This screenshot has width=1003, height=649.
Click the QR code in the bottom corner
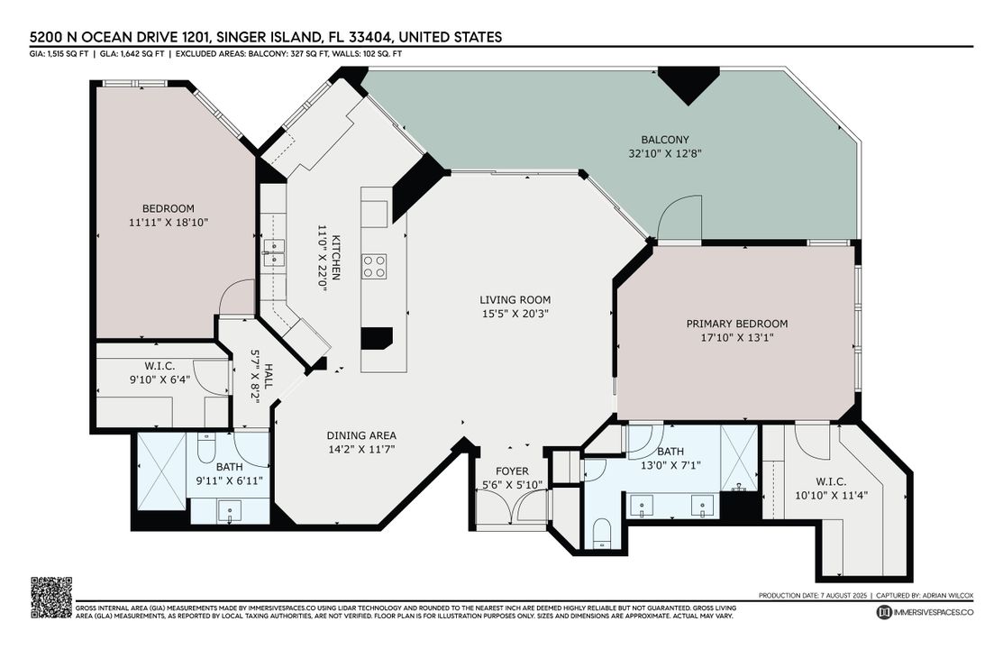pos(51,597)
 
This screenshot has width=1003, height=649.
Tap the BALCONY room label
pos(665,140)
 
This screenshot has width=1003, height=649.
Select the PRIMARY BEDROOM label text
pos(736,324)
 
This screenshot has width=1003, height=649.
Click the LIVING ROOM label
pos(515,300)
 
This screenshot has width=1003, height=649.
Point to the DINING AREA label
pos(361,435)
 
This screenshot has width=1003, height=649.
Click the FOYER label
pos(512,471)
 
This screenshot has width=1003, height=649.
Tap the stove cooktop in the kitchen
pos(374,266)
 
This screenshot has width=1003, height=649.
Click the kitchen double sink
pos(273,251)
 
